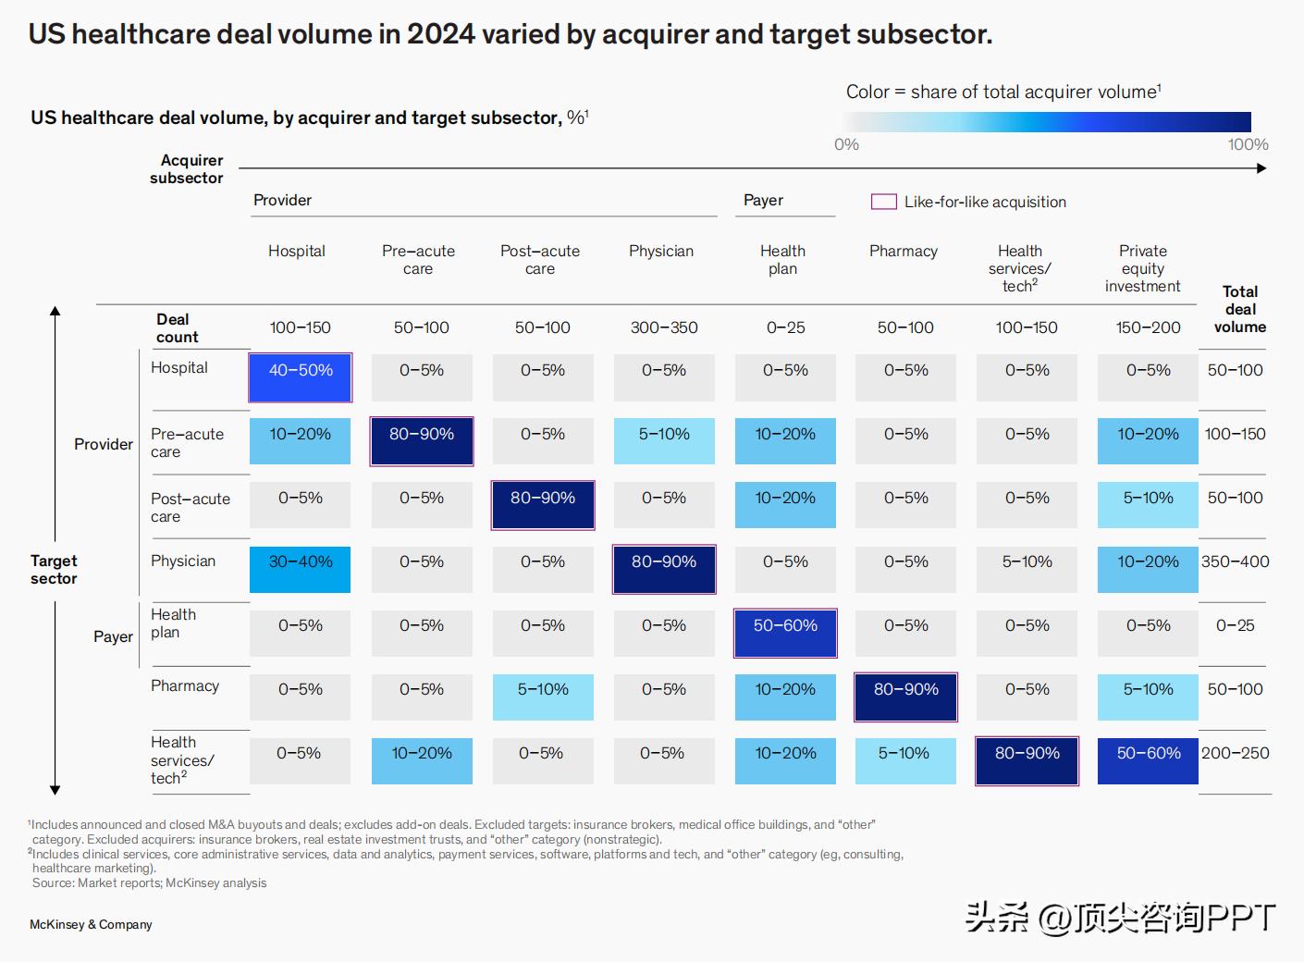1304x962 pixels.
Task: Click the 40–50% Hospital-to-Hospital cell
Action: click(x=301, y=377)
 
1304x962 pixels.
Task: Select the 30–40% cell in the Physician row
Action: click(x=301, y=569)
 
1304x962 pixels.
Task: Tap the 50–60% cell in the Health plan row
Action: click(x=785, y=633)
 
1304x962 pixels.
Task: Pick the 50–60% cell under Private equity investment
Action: click(x=1148, y=760)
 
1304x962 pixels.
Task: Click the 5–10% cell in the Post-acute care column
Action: click(x=543, y=697)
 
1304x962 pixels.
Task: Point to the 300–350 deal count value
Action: click(x=664, y=327)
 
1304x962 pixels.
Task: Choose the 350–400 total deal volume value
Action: click(x=1235, y=561)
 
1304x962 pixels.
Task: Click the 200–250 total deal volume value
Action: click(x=1235, y=753)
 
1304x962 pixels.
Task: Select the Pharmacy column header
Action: click(x=904, y=251)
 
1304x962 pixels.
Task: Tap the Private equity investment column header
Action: click(x=1142, y=268)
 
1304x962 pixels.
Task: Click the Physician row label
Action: click(x=183, y=561)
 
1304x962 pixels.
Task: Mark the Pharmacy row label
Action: click(x=185, y=685)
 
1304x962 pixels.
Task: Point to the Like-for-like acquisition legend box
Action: click(x=884, y=202)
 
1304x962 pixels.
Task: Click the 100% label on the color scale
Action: click(x=1248, y=144)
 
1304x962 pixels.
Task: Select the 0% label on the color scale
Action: click(x=846, y=144)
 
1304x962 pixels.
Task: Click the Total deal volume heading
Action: click(x=1239, y=309)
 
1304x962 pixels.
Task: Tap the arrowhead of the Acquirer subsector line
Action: click(x=1261, y=168)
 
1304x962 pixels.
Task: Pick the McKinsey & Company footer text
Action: click(x=91, y=924)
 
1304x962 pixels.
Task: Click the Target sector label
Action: click(x=54, y=569)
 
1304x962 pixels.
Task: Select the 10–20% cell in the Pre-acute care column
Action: click(x=422, y=760)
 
